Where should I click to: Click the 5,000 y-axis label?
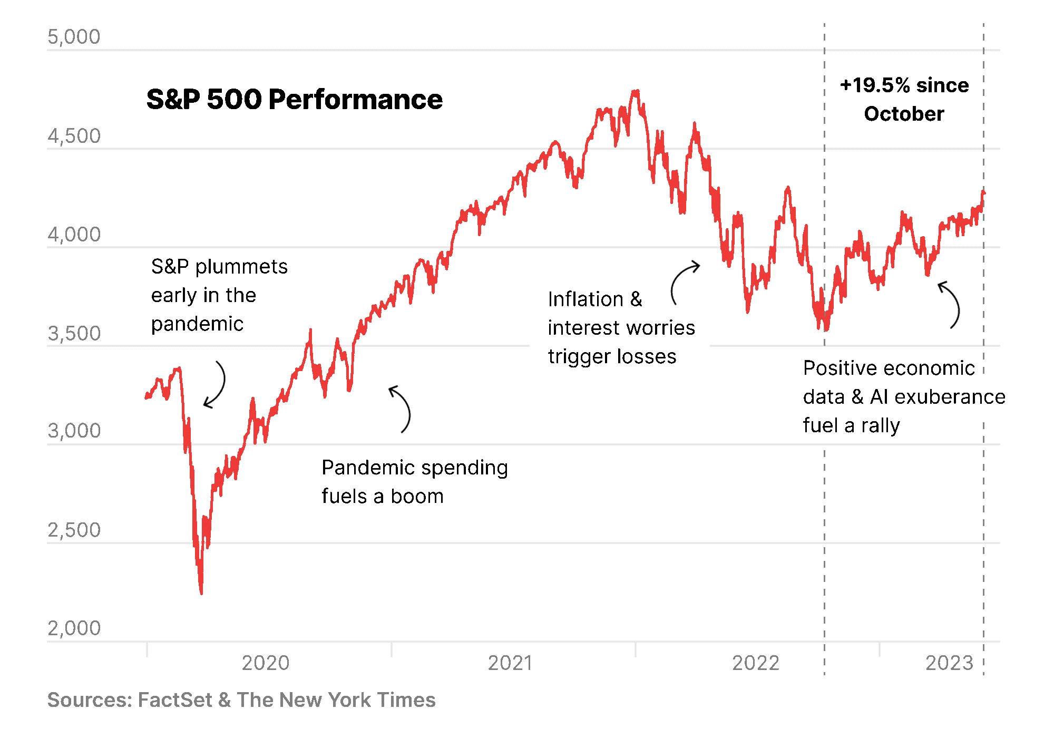[74, 37]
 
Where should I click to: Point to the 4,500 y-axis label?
[74, 136]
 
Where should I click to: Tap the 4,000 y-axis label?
[74, 235]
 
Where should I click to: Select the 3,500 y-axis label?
[74, 334]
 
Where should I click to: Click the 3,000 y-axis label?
[74, 431]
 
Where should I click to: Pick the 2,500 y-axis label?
[74, 530]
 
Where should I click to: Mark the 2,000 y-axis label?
[74, 628]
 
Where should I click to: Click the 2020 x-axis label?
[266, 663]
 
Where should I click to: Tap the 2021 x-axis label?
[510, 663]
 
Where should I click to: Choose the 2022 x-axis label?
[756, 663]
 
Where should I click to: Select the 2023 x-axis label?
[949, 663]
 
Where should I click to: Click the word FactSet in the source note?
[175, 700]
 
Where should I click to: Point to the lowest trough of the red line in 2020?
[201, 593]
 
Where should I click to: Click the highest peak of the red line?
[637, 91]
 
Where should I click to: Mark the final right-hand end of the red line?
[984, 193]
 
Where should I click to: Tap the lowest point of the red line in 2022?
[825, 331]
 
